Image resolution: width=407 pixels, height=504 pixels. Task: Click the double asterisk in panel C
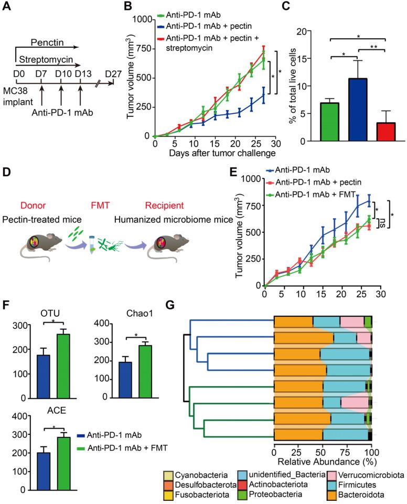coord(373,46)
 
